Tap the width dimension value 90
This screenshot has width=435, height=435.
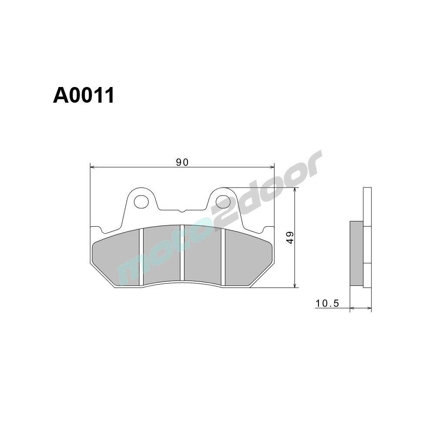[x=182, y=162]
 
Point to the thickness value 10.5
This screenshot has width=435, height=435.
[x=327, y=303]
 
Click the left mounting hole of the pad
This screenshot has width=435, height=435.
[x=141, y=201]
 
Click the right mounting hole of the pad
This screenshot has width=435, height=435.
[x=223, y=201]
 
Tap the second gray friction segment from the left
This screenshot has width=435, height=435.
[x=161, y=254]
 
